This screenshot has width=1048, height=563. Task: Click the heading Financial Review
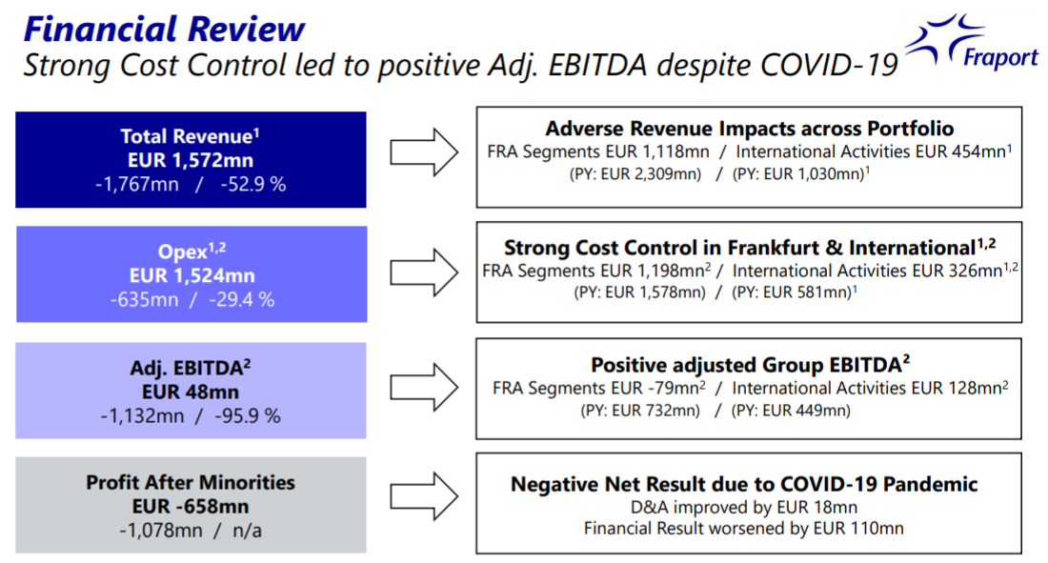164,29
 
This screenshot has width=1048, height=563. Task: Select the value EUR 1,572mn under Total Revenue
191,159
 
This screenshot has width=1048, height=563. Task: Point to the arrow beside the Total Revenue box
425,151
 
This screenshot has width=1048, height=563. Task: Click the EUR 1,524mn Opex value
191,275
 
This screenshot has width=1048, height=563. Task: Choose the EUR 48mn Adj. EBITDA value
191,391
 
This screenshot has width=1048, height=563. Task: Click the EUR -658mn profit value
191,506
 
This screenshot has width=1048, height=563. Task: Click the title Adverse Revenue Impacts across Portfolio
749,128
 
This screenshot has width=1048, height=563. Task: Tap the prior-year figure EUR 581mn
804,292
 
